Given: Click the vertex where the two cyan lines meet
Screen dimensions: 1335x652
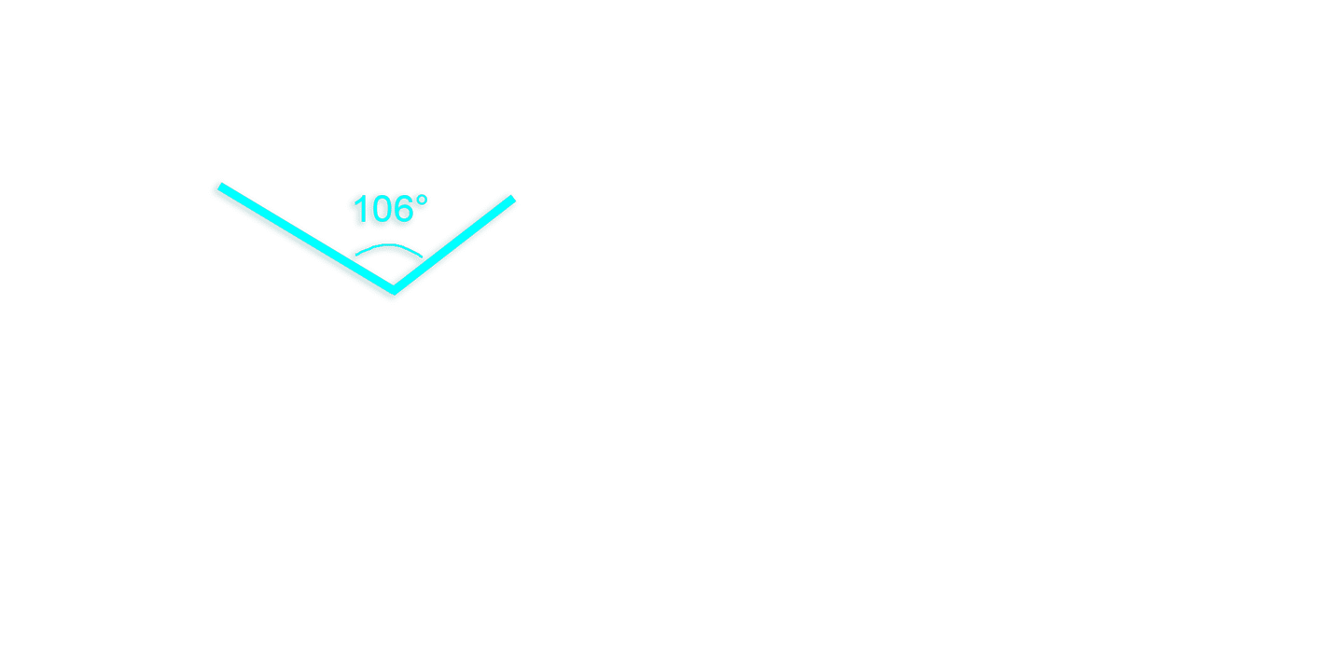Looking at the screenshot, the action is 394,290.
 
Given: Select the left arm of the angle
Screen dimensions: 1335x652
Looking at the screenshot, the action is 306,238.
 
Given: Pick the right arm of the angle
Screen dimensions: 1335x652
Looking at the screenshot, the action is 453,244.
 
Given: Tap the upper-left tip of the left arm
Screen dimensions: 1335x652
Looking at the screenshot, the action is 220,187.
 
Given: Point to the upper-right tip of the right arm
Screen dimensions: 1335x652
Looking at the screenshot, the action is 512,199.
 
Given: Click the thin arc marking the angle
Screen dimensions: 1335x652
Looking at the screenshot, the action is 389,244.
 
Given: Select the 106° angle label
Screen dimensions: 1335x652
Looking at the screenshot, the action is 390,209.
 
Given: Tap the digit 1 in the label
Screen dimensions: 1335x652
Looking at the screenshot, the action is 360,209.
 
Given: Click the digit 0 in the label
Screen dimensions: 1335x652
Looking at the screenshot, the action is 381,209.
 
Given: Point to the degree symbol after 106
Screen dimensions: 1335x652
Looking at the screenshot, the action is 422,201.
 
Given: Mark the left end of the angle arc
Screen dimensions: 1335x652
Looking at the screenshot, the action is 355,255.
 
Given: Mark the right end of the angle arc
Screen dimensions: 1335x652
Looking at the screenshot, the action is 422,257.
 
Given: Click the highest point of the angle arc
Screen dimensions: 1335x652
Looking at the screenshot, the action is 389,243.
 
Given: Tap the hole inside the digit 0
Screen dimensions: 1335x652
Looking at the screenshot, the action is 381,209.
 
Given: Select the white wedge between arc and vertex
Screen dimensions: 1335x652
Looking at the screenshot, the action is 390,265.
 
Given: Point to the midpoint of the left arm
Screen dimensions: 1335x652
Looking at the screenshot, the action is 306,238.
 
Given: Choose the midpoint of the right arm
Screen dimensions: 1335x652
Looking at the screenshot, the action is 453,244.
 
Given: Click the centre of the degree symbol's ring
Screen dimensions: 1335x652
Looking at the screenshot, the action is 422,201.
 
